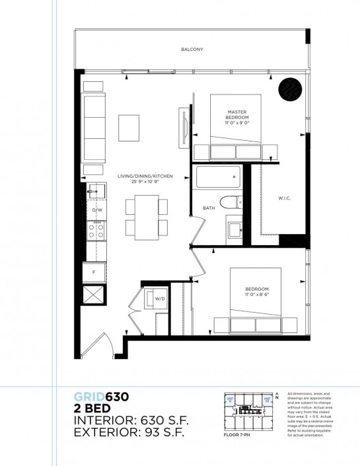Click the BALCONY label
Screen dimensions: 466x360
coord(192,50)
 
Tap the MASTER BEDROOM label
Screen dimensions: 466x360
coord(236,116)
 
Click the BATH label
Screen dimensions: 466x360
coord(209,208)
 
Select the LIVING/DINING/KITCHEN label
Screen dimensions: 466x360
coord(145,176)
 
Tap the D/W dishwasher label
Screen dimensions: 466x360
coord(97,210)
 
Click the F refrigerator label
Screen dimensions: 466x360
coord(93,271)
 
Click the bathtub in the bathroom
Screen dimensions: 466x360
coord(218,178)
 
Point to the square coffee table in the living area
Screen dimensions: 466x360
coord(129,128)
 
